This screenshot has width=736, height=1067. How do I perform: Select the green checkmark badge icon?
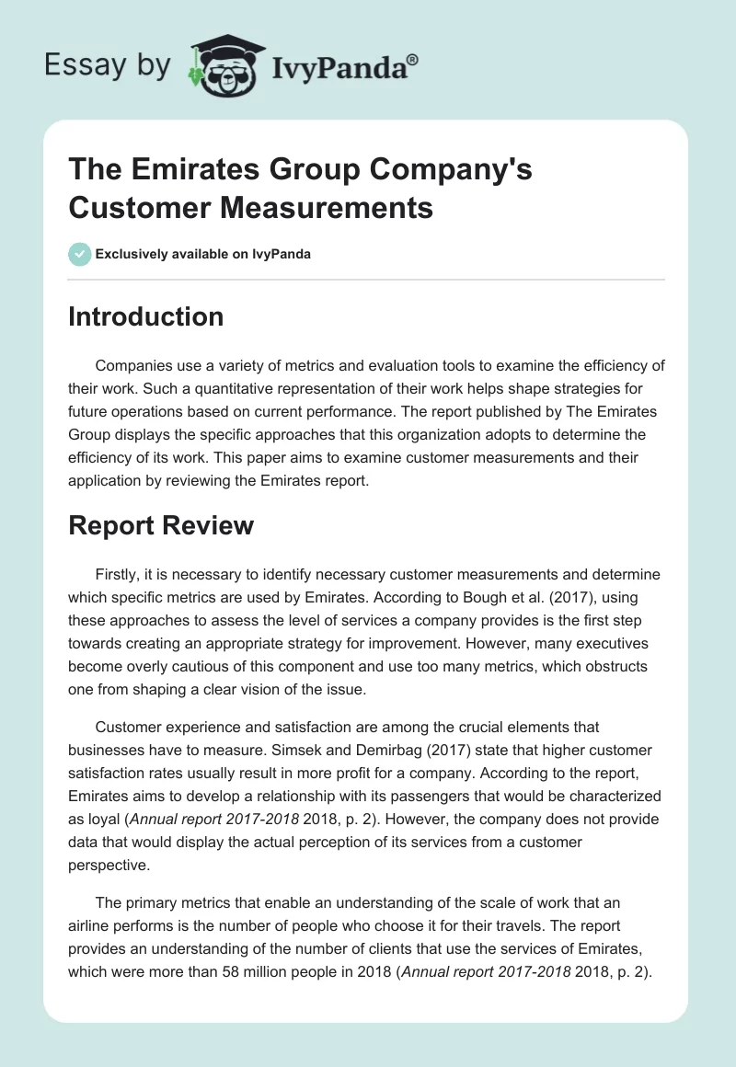click(80, 254)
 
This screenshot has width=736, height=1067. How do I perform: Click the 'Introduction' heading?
click(146, 316)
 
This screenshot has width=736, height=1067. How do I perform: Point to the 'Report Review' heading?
click(161, 525)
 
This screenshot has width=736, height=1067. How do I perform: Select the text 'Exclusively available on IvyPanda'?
click(203, 254)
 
